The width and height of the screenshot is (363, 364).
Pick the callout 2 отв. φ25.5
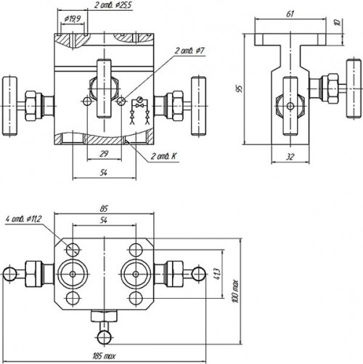pyautogui.click(x=113, y=5)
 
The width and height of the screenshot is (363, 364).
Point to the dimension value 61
pyautogui.click(x=290, y=13)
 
